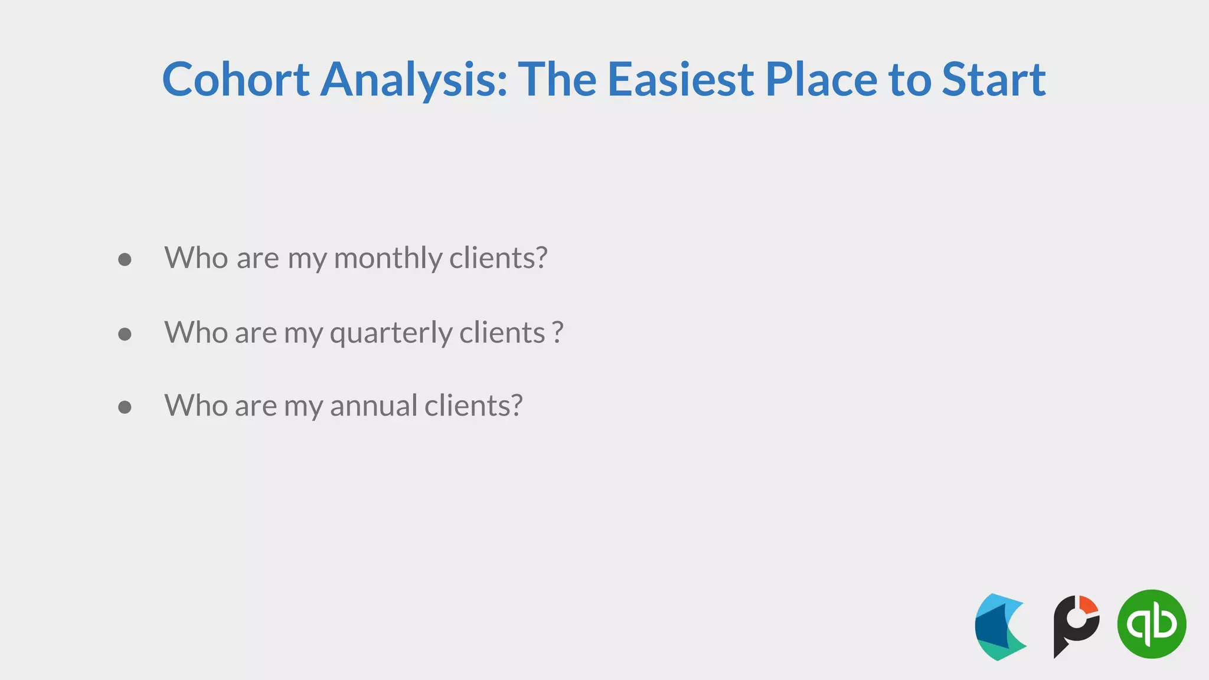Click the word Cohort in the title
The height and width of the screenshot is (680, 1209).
pyautogui.click(x=236, y=79)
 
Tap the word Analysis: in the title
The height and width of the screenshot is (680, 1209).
pyautogui.click(x=414, y=79)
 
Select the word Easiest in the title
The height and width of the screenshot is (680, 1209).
pyautogui.click(x=680, y=79)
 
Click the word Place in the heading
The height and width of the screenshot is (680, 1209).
pyautogui.click(x=821, y=79)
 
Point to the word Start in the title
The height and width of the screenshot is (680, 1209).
pyautogui.click(x=994, y=79)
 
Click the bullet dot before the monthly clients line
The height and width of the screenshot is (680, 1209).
pyautogui.click(x=125, y=260)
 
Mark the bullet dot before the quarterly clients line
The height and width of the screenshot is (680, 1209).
pyautogui.click(x=125, y=334)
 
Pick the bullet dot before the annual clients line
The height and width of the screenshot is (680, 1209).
pyautogui.click(x=125, y=407)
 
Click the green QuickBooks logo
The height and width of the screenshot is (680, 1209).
pyautogui.click(x=1151, y=624)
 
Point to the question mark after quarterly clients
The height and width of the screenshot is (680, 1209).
pyautogui.click(x=558, y=333)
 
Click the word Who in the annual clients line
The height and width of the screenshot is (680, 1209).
pyautogui.click(x=196, y=406)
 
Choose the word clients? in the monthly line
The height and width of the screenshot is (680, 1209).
pyautogui.click(x=498, y=258)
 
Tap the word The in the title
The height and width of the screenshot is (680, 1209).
pyautogui.click(x=557, y=79)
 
